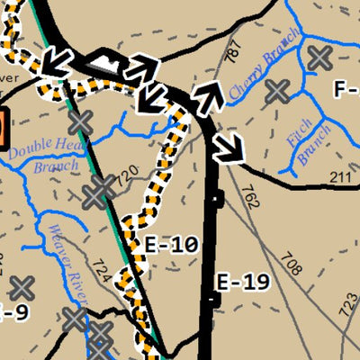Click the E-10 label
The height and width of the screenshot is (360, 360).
(x=171, y=244)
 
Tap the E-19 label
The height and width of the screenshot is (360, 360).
(x=243, y=283)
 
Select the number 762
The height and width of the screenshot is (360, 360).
(x=250, y=197)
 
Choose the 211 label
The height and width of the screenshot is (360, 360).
(x=340, y=176)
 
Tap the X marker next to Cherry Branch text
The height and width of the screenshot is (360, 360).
(x=278, y=90)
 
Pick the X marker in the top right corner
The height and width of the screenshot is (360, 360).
(x=318, y=58)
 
